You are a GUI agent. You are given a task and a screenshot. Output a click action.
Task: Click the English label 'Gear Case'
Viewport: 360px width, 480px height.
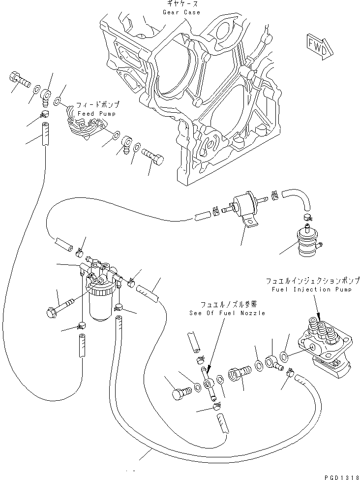182,12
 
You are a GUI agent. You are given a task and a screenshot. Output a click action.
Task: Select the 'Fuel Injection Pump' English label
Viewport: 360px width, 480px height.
308,289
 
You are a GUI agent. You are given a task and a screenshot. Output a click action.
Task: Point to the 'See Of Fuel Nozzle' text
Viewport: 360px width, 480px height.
227,313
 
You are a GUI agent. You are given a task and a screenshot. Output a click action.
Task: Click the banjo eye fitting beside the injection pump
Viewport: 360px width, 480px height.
273,363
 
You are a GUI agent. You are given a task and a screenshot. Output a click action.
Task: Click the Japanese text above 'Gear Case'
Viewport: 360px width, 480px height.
182,4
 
